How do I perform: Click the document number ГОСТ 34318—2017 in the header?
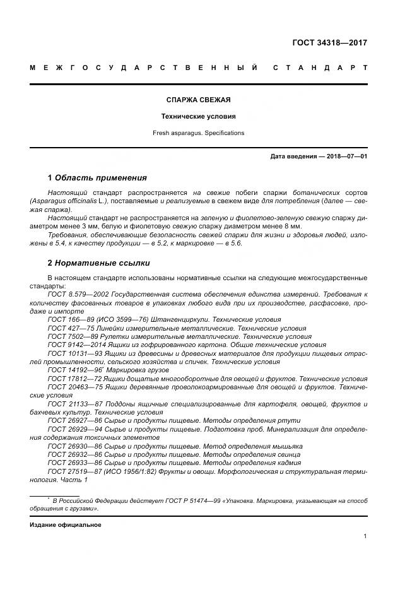(x=329, y=44)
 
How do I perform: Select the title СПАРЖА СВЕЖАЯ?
(x=197, y=100)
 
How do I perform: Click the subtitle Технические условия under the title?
(x=197, y=116)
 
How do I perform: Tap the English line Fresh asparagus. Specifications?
(x=197, y=133)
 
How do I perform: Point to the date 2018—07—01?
(x=345, y=156)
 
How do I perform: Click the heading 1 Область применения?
(x=97, y=177)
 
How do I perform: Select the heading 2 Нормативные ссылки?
(x=98, y=263)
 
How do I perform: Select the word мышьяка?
(x=283, y=445)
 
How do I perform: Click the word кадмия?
(x=282, y=463)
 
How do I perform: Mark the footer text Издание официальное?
(x=65, y=524)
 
